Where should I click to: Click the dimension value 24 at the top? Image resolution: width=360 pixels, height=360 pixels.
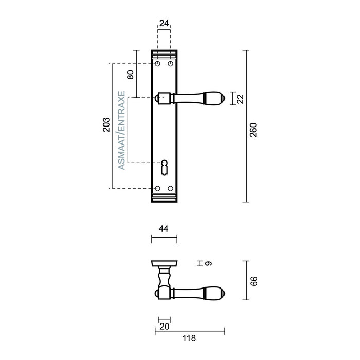tap(164, 24)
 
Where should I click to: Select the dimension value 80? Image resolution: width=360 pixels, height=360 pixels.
tap(130, 74)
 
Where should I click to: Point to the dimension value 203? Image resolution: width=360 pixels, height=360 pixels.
tap(106, 125)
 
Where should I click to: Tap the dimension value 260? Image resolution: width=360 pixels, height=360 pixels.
tap(253, 131)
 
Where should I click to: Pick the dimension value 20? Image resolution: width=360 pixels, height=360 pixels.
tap(164, 326)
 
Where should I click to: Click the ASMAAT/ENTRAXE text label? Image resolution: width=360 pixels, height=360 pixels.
tap(121, 131)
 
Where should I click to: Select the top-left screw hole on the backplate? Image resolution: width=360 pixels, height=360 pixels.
tap(158, 64)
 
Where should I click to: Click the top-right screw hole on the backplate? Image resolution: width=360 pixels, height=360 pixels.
tap(170, 64)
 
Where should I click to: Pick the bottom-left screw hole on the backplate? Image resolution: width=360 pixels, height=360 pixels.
tap(158, 189)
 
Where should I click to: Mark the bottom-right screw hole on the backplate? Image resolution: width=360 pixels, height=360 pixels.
tap(170, 189)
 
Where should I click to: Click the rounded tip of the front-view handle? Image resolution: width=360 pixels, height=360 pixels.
tap(222, 98)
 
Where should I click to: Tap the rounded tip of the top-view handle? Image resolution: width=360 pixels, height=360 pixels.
tap(222, 293)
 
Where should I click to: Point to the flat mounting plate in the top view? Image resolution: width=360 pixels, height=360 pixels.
tap(164, 263)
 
